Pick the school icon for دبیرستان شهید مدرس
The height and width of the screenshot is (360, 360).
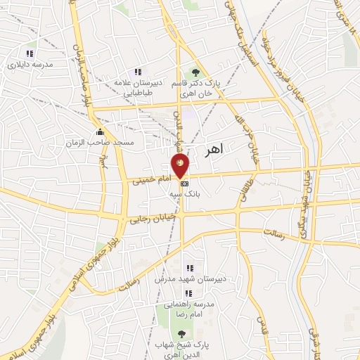(x=189, y=268)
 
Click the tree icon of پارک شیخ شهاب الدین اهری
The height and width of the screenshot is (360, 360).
(x=181, y=333)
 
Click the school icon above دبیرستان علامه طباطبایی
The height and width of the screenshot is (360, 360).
(x=138, y=72)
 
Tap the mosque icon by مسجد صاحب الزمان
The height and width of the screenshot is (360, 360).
(x=100, y=131)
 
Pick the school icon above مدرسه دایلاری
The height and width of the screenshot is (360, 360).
(x=30, y=53)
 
